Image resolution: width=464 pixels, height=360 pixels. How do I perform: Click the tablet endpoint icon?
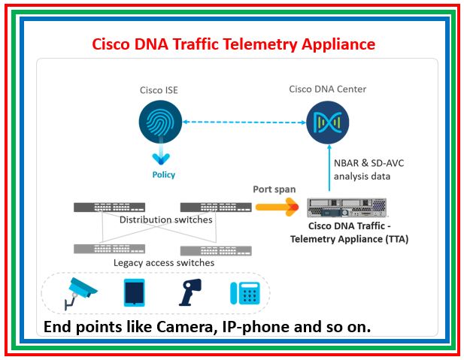tap(134, 292)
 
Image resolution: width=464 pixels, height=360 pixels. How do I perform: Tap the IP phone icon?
tap(245, 292)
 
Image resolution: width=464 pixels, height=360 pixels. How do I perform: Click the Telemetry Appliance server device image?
tap(347, 206)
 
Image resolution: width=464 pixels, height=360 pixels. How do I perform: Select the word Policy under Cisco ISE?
tap(159, 174)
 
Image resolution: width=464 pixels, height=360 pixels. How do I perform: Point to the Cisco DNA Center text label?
tap(327, 89)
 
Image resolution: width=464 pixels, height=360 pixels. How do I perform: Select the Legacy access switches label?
tap(164, 262)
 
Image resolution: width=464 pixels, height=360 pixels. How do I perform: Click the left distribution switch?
tap(108, 207)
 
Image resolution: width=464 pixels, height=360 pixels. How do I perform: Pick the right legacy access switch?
tap(211, 250)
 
